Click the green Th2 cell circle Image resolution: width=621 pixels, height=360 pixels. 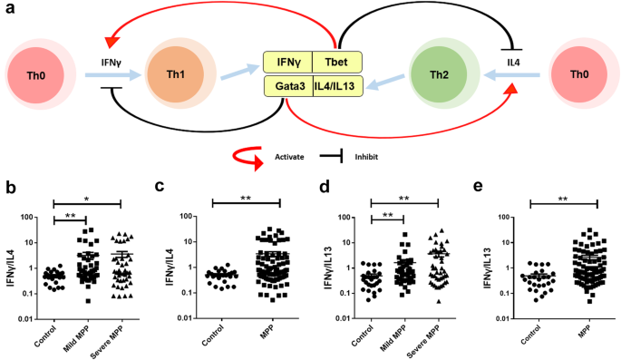(438, 72)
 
